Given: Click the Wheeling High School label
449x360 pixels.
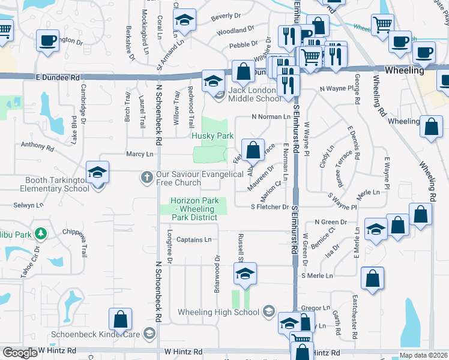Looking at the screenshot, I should click(218, 312).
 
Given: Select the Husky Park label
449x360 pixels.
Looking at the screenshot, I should click(212, 136).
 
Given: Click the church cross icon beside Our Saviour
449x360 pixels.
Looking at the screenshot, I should click(146, 177).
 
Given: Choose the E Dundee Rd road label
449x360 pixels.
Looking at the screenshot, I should click(57, 78).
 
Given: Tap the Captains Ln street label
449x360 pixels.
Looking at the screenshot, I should click(194, 240).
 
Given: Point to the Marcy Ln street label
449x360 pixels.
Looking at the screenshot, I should click(139, 154).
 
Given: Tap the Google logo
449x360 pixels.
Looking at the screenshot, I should click(20, 353).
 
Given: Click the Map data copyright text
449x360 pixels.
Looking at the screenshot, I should click(423, 356).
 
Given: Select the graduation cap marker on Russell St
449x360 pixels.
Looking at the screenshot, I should click(244, 274).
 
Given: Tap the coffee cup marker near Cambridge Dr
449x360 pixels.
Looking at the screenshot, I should click(47, 41).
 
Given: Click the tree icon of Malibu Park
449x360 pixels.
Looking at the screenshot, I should click(40, 232).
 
